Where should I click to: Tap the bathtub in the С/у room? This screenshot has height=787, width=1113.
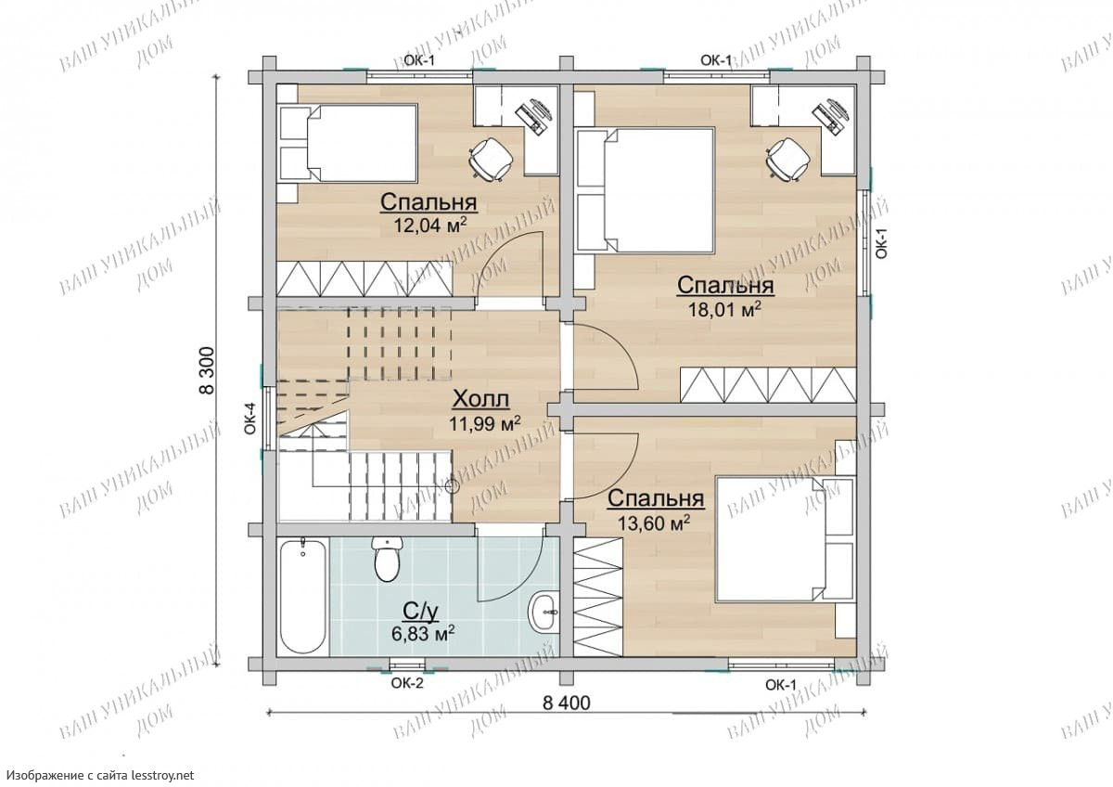[x=303, y=597]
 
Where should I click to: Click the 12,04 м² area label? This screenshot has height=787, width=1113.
[x=430, y=226]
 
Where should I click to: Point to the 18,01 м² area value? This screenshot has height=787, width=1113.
[x=725, y=309]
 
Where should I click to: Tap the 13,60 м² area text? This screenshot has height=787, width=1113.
[x=654, y=523]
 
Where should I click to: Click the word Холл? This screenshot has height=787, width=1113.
[x=481, y=399]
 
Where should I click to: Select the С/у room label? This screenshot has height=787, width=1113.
[x=421, y=612]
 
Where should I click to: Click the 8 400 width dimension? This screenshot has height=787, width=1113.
[x=567, y=703]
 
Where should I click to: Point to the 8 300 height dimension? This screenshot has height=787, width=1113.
[x=207, y=371]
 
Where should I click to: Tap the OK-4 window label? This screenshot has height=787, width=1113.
[x=250, y=419]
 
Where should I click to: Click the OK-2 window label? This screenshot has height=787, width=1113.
[x=407, y=684]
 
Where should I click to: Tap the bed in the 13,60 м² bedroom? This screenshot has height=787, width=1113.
[x=786, y=539]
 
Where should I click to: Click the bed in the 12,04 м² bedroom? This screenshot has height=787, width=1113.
[x=349, y=143]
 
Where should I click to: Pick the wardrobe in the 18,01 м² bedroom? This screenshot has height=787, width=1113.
[x=768, y=384]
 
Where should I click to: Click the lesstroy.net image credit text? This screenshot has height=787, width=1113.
[x=101, y=775]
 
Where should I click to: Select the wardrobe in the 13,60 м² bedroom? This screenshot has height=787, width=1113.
[x=598, y=597]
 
